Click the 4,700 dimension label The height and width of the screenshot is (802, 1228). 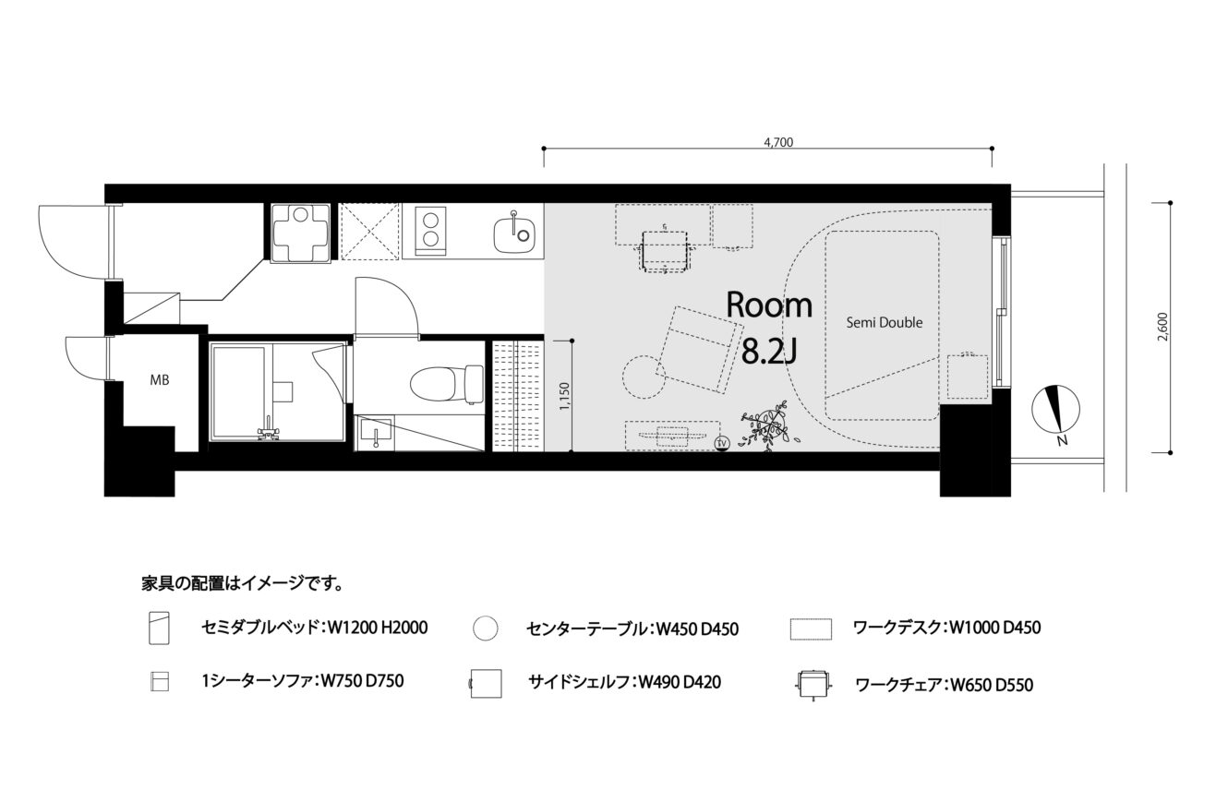[778, 143]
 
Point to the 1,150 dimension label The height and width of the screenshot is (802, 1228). [565, 397]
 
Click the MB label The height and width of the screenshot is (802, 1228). [160, 379]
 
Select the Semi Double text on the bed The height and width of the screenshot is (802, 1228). [885, 323]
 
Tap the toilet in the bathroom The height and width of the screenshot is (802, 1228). [446, 384]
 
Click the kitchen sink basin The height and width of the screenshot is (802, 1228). [514, 234]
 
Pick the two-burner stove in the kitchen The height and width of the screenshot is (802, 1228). [430, 231]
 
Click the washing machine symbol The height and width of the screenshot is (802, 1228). [301, 233]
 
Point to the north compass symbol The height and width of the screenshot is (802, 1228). [1055, 409]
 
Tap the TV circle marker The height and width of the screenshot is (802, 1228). [722, 443]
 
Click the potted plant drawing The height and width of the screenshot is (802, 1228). [767, 426]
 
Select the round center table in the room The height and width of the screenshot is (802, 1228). [644, 377]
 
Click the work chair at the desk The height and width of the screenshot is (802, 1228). [665, 251]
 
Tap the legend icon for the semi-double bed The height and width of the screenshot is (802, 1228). [159, 628]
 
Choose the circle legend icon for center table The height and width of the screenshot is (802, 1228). [485, 628]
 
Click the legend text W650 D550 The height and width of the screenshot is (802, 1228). [992, 685]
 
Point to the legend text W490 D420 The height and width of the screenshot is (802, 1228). [680, 682]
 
